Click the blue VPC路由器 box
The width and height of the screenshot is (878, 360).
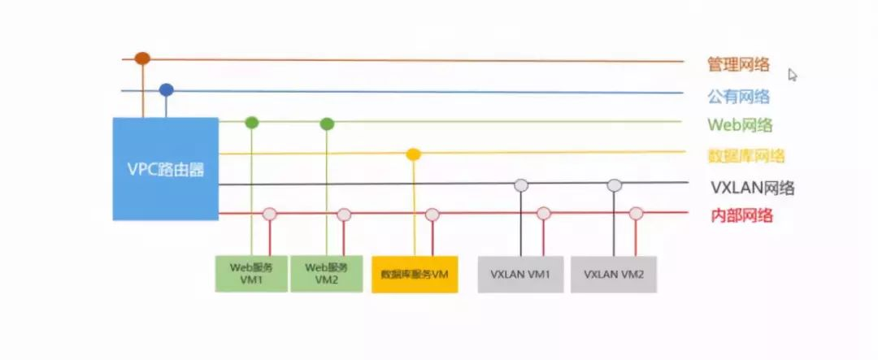pos(166,168)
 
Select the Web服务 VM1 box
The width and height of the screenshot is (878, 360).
pos(251,274)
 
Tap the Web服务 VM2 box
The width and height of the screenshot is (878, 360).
pos(327,274)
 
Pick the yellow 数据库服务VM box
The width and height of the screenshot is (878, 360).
pos(415,275)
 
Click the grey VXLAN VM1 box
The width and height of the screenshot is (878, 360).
pos(521,275)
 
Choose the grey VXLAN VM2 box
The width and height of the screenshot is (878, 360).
pos(614,275)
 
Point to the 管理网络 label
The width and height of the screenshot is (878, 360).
pos(738,65)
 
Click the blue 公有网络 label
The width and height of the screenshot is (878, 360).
pos(738,97)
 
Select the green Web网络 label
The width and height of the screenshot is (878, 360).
pos(741,125)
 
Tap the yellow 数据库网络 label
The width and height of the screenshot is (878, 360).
pos(746,156)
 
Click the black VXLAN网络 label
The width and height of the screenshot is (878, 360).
pos(753,187)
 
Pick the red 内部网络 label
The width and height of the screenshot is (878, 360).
pos(742,215)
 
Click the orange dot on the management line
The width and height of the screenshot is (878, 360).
pos(143,59)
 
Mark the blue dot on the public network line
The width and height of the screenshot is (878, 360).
pos(167,89)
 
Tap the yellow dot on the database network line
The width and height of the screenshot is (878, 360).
pos(413,154)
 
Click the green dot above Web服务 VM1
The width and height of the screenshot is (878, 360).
pos(252,123)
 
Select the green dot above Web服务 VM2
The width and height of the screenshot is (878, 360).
pos(327,124)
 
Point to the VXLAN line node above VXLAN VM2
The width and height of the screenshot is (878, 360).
pos(615,185)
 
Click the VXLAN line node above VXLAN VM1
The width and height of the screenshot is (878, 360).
pos(521,185)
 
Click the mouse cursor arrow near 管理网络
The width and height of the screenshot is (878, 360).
pos(793,75)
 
